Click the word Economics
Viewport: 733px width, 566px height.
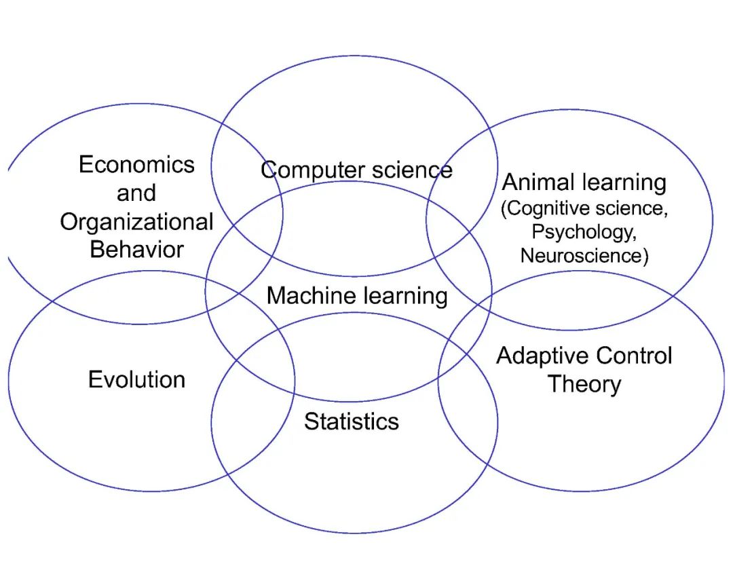pos(136,164)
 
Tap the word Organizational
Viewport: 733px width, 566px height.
pos(136,222)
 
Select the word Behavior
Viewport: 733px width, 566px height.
pos(136,249)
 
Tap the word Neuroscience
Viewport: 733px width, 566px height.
pos(581,255)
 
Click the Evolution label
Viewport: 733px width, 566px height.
pos(136,379)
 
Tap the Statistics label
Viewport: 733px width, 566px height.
pos(351,421)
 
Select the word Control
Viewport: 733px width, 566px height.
pos(635,356)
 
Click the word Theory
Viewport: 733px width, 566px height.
pos(584,384)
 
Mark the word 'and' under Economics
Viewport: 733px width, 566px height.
pos(136,193)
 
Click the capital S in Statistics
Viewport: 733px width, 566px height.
pos(310,421)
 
